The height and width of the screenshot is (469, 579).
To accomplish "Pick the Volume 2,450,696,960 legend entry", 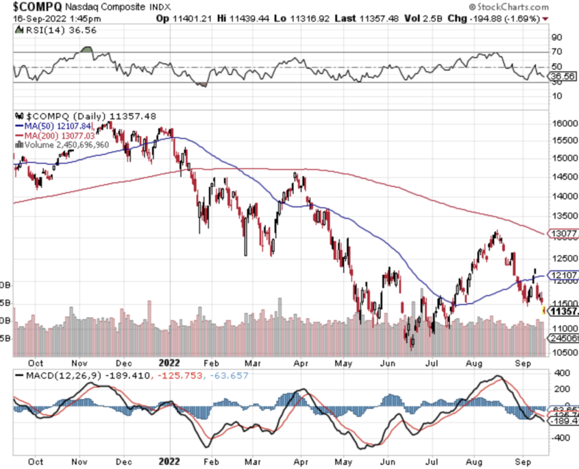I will tap(65, 145).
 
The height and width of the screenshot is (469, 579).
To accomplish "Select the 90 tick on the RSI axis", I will tap(558, 37).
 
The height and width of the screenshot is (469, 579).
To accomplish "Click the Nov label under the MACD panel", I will tap(81, 461).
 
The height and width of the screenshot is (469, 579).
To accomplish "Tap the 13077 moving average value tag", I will tap(565, 234).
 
